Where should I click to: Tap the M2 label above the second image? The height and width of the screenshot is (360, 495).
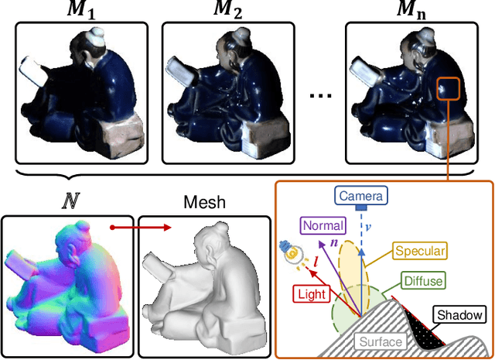(x=227, y=11)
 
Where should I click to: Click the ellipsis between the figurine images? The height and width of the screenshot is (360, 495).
(x=319, y=95)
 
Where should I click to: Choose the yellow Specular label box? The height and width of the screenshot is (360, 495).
(x=421, y=250)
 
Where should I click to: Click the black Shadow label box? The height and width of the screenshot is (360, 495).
(x=459, y=315)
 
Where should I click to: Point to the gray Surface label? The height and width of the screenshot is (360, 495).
(x=380, y=341)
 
